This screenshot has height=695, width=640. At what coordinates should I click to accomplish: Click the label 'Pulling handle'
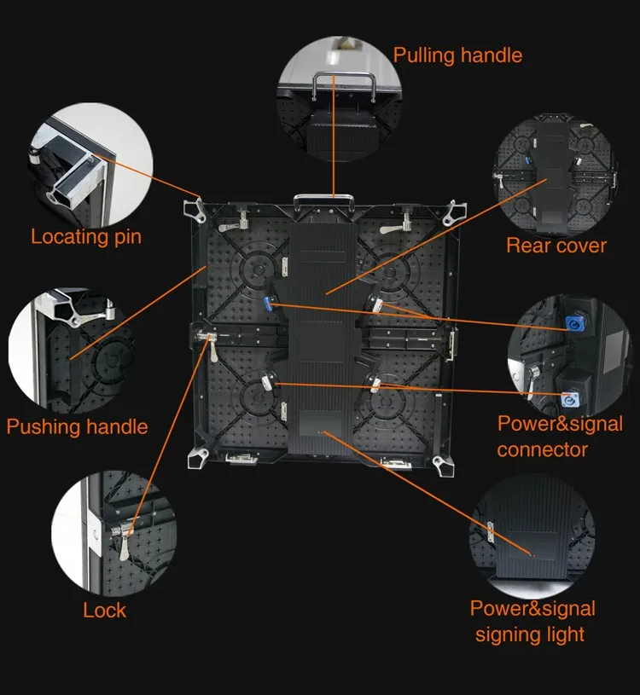pyautogui.click(x=457, y=56)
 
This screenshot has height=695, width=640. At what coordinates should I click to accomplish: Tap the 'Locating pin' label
pyautogui.click(x=86, y=236)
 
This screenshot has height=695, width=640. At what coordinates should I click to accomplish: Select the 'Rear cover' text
pyautogui.click(x=556, y=246)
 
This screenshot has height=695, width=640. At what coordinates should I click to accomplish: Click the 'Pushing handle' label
pyautogui.click(x=78, y=426)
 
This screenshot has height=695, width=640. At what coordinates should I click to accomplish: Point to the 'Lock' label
pyautogui.click(x=105, y=611)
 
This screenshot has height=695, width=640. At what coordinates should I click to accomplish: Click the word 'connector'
pyautogui.click(x=543, y=449)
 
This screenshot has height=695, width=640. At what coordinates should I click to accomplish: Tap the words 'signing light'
pyautogui.click(x=530, y=634)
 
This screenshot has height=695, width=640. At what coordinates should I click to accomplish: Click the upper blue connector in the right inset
pyautogui.click(x=569, y=325)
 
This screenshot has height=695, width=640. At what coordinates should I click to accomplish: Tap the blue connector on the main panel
pyautogui.click(x=268, y=304)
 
